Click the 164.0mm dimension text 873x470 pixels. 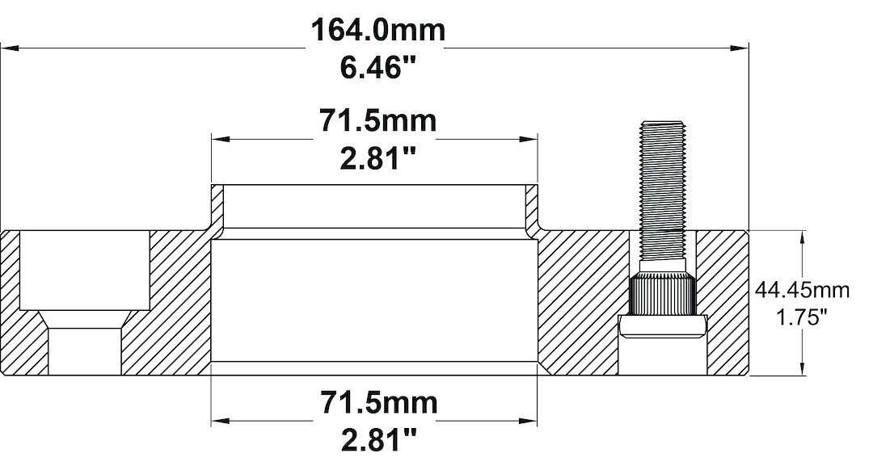(378, 31)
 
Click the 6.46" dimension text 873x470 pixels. (378, 68)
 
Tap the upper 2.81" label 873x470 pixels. (377, 158)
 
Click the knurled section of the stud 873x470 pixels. (662, 295)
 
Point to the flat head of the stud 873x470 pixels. (662, 325)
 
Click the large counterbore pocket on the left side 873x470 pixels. (83, 271)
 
